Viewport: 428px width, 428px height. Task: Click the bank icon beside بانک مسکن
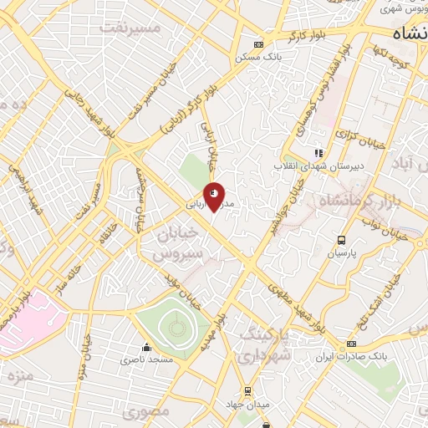point(258,45)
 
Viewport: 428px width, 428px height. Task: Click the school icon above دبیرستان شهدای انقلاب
point(317,153)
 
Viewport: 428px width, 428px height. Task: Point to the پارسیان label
point(341,251)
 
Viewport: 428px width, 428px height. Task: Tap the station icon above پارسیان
point(341,239)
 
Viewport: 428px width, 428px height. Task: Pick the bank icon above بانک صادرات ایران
point(352,344)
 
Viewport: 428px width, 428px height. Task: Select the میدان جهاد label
point(247,405)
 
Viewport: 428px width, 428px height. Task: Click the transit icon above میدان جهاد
point(247,392)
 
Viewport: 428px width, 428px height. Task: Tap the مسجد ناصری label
point(147,359)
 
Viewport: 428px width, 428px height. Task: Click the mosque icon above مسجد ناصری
point(147,348)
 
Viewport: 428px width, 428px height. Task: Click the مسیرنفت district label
point(130,27)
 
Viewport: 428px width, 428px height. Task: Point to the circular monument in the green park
point(174,325)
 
